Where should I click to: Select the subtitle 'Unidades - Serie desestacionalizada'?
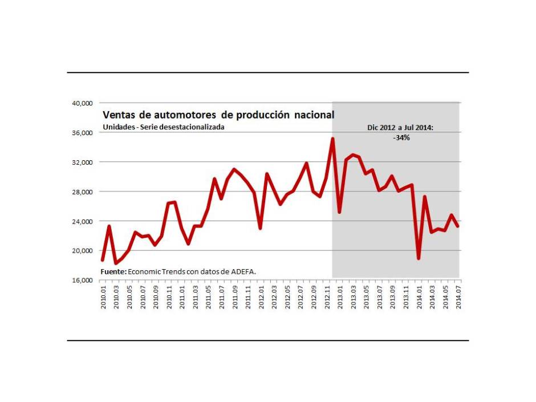(x=163, y=127)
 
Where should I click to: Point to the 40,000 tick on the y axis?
(x=82, y=103)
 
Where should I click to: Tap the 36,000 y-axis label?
(x=82, y=133)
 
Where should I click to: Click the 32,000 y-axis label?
(x=82, y=163)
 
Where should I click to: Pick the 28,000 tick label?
(x=82, y=192)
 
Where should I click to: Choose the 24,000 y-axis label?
(x=82, y=221)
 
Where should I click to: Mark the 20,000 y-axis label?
(x=82, y=251)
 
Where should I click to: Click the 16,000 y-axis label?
(x=82, y=281)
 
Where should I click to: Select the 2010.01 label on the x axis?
(x=103, y=297)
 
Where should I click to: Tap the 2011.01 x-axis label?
(x=182, y=297)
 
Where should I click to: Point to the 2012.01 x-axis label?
(x=261, y=297)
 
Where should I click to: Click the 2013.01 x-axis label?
(x=340, y=297)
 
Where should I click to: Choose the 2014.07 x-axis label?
(x=458, y=297)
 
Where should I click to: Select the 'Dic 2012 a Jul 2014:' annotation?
(x=400, y=128)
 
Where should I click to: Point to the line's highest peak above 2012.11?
(x=333, y=139)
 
